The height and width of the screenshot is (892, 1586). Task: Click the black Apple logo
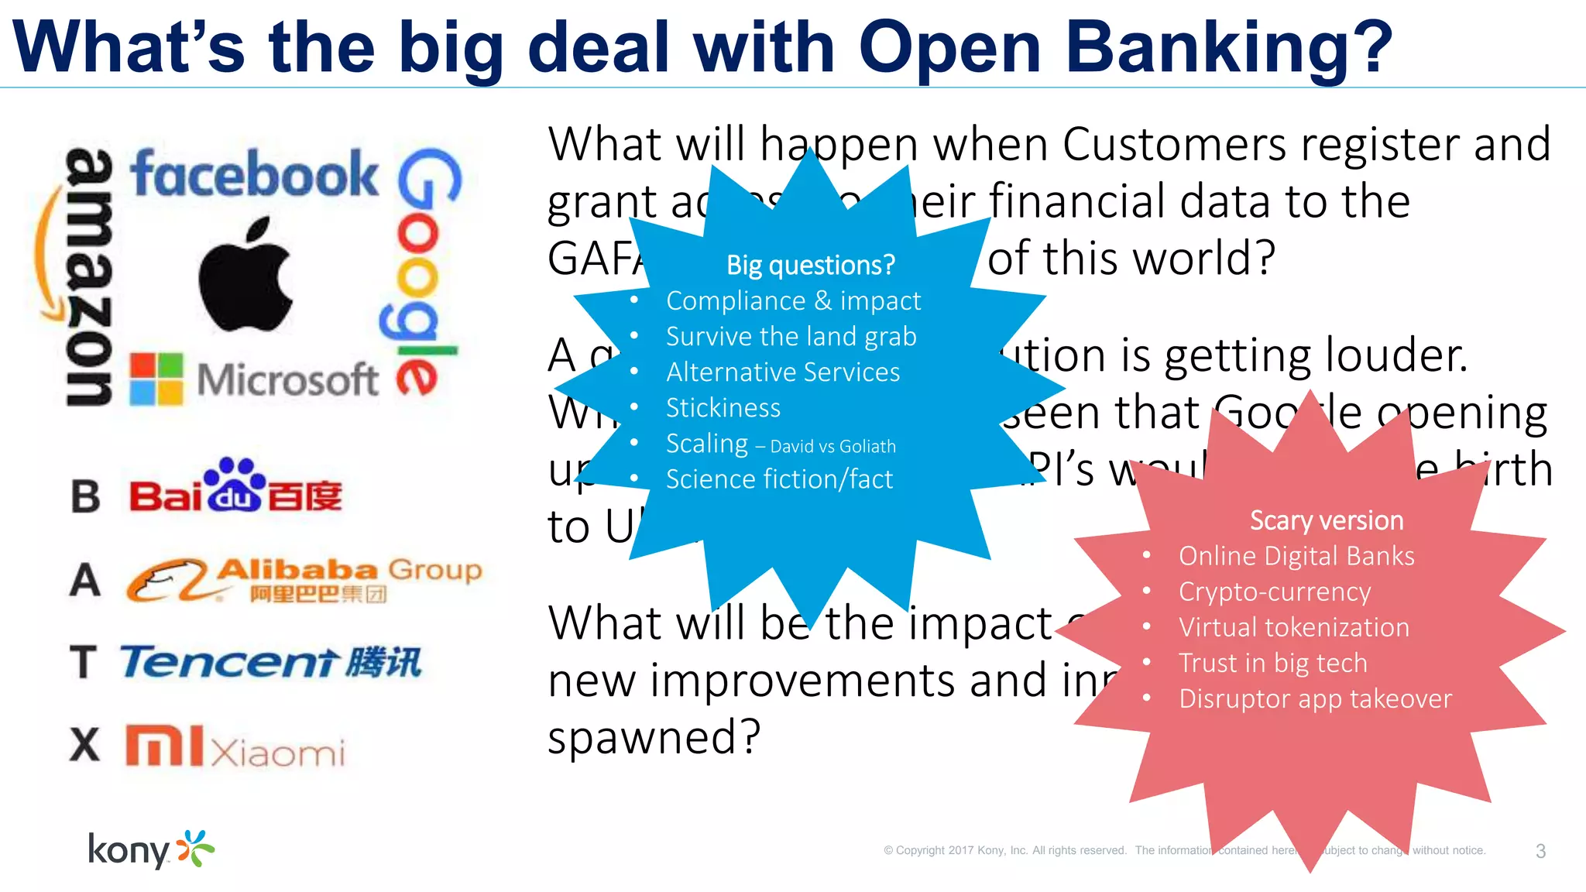pos(246,276)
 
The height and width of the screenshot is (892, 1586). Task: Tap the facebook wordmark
pos(254,174)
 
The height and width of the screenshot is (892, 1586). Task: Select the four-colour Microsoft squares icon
pos(156,379)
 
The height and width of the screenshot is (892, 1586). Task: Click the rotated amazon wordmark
pos(88,276)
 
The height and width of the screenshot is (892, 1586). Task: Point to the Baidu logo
pos(235,489)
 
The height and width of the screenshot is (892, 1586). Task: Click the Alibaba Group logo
pos(304,579)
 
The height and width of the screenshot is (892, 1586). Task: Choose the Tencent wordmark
pos(270,662)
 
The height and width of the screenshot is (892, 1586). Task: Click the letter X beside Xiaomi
pos(84,745)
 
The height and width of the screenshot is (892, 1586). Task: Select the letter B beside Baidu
pos(85,496)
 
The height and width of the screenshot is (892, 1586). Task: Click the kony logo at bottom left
pos(150,849)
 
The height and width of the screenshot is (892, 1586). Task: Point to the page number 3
pos(1540,851)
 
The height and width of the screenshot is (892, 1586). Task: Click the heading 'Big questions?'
pos(810,266)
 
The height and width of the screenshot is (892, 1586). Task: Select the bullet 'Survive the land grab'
pos(791,337)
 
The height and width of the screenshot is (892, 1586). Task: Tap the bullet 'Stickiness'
pos(723,408)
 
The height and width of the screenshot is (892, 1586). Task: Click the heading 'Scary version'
pos(1326,520)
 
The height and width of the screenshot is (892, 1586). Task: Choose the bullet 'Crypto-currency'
pos(1274,592)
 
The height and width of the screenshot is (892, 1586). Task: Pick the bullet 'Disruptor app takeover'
pos(1315,698)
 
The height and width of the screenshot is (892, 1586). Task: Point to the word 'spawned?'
pos(654,736)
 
